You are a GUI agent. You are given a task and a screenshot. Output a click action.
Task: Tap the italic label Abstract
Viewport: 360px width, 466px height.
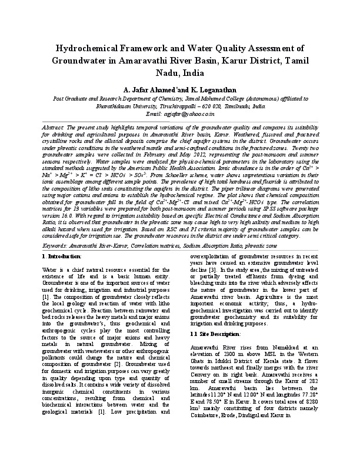click(x=55, y=127)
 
